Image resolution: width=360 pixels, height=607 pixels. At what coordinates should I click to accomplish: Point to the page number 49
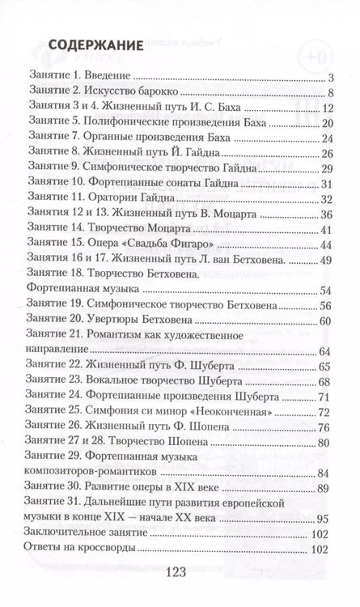[327, 260]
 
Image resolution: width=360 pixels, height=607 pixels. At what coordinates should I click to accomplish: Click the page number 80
[325, 443]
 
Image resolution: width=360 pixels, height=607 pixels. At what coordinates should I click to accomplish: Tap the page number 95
[325, 519]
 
